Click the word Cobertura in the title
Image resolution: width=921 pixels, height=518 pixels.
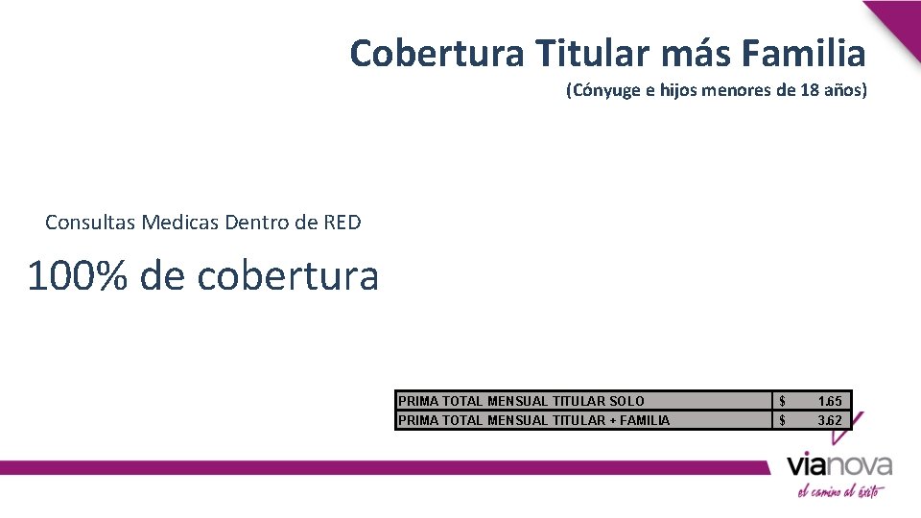[x=436, y=53]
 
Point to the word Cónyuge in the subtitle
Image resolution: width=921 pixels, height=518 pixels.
[x=604, y=91]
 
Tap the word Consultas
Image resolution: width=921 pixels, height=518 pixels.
[x=91, y=223]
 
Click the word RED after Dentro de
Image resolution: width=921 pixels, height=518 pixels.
[x=342, y=223]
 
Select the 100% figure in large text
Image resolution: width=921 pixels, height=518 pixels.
[x=77, y=276]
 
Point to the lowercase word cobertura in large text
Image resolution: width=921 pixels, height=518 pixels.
[x=288, y=276]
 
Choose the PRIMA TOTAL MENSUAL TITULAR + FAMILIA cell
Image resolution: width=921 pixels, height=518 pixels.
[x=533, y=419]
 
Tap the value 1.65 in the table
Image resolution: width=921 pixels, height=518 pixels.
[x=830, y=401]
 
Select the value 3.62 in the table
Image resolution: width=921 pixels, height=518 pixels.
[x=830, y=419]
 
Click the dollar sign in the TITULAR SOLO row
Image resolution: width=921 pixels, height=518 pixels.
[x=783, y=401]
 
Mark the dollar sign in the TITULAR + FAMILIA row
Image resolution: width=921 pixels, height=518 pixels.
[x=783, y=419]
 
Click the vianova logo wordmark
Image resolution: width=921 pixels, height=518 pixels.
[x=839, y=466]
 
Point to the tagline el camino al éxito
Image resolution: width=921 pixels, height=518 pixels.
[x=840, y=490]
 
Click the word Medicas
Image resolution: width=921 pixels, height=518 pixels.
[x=180, y=223]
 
